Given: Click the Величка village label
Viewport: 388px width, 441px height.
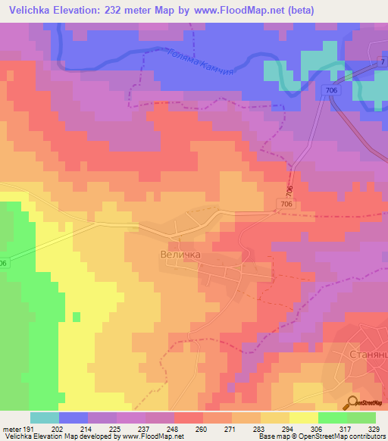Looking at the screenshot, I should [x=180, y=255].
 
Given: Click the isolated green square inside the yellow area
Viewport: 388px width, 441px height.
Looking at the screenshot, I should [x=76, y=316].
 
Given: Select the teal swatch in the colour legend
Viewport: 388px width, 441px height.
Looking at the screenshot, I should [x=45, y=418].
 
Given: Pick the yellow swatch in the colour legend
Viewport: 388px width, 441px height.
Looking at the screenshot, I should [x=303, y=418].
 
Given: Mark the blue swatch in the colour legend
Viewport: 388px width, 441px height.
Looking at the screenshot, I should [x=74, y=418].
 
